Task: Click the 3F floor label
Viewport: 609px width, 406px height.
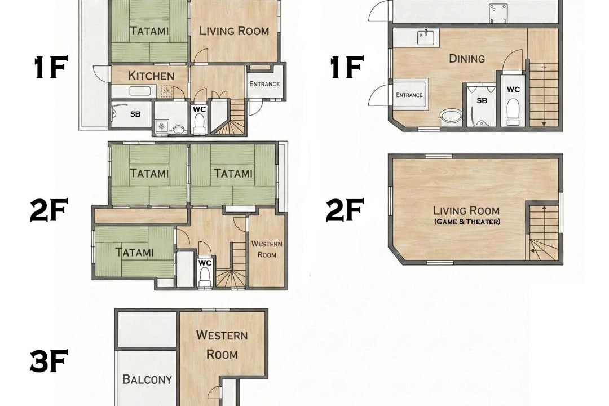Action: pos(49,361)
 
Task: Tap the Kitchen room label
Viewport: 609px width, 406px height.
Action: pos(151,76)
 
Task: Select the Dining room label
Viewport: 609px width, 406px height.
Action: pos(467,59)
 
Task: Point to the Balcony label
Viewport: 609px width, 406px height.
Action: pos(147,379)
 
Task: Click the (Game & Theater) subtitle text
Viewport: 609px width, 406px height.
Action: pos(467,222)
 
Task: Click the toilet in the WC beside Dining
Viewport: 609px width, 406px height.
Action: pos(513,112)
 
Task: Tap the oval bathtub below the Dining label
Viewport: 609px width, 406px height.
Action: pos(451,117)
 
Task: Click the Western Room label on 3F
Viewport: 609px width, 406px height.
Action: pos(222,345)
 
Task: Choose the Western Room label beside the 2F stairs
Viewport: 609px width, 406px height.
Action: pos(267,249)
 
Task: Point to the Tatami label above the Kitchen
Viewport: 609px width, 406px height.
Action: pos(149,30)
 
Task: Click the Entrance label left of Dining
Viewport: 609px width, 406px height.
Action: pos(409,95)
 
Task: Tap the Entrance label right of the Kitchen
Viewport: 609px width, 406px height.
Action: pos(264,84)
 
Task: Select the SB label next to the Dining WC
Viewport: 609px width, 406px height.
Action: pos(482,100)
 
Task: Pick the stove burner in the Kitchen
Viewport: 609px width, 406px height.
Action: pos(166,91)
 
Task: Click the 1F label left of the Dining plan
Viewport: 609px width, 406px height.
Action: pos(347,67)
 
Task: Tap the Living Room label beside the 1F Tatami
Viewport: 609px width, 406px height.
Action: pos(234,31)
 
